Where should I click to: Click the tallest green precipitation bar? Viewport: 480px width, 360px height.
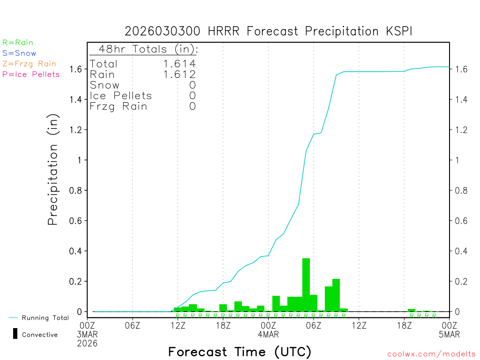tap(306, 285)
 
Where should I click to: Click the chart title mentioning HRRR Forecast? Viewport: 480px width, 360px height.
tap(269, 31)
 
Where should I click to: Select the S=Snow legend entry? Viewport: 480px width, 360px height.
tap(19, 53)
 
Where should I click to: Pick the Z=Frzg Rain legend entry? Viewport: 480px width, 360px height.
tap(29, 64)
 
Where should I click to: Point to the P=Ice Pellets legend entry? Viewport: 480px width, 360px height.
tap(31, 74)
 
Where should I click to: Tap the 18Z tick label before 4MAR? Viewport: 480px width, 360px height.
tap(223, 325)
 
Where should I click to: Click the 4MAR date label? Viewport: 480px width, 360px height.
tap(268, 334)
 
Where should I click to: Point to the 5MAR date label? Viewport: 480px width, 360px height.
tap(449, 334)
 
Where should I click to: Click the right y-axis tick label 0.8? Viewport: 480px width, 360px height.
tap(461, 190)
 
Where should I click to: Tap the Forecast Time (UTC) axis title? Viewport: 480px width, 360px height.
tap(240, 352)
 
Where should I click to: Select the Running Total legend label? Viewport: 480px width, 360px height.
tap(45, 318)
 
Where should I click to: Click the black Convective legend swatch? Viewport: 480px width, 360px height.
tap(15, 334)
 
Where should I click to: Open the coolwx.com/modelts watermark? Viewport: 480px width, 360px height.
tap(431, 354)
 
